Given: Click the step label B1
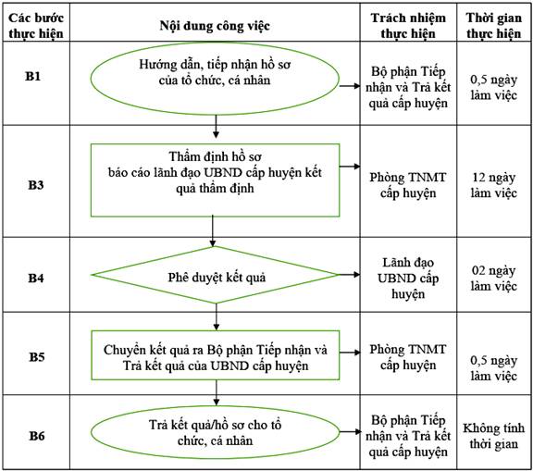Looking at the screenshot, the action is coord(33,76).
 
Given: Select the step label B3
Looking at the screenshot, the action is coord(36,185).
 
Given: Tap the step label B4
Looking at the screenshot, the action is coord(36,278).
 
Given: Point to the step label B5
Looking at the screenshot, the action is coord(37,357).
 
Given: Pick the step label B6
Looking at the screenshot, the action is coord(37,436).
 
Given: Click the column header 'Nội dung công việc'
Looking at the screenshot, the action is coord(215,26).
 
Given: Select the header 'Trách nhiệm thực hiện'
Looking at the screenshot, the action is coord(408,26).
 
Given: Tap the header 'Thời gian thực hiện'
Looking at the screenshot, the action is coord(494,26).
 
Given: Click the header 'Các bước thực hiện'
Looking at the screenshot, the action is coord(36,26).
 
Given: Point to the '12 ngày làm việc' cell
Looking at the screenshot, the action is coord(494,185).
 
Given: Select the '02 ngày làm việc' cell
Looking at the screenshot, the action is coord(494,279).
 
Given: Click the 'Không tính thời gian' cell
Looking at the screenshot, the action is coord(494,436).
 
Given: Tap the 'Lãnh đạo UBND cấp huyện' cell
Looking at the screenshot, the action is coord(408,278).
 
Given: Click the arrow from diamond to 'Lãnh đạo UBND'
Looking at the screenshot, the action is coord(349,274).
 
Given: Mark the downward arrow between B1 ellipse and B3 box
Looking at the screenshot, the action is coord(216,127).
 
